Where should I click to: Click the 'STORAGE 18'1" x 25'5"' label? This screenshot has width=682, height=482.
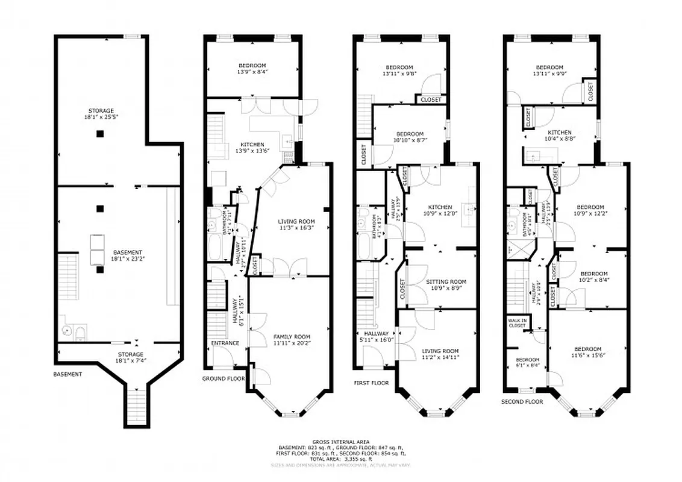(101, 114)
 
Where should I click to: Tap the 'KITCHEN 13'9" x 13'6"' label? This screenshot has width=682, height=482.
(252, 148)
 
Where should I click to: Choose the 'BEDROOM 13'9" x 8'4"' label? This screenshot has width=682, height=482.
(252, 68)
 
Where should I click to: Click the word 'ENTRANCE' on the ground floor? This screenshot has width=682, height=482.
(225, 343)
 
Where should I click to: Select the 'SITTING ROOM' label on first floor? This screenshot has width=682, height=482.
(446, 284)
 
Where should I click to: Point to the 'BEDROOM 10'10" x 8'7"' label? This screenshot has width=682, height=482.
(410, 137)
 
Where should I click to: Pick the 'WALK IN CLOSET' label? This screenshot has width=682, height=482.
(517, 323)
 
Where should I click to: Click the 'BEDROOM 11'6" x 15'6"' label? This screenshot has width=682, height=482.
(587, 352)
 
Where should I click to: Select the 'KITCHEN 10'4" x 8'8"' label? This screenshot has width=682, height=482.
(559, 136)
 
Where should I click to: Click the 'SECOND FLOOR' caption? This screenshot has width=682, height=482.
(522, 401)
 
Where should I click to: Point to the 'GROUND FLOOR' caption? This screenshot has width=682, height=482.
(224, 379)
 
